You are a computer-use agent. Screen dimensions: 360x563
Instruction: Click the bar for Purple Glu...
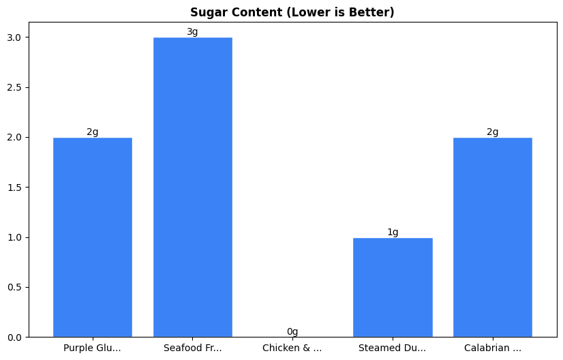point(92,237)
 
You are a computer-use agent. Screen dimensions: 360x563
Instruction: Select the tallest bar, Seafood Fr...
point(192,187)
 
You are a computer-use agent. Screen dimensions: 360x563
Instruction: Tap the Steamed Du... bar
point(393,287)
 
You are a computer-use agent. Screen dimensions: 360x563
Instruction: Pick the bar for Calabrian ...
point(492,237)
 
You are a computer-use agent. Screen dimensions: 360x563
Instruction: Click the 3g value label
point(192,32)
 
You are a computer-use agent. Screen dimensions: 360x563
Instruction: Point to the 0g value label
point(292,332)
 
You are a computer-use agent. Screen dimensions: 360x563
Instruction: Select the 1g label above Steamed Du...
point(393,232)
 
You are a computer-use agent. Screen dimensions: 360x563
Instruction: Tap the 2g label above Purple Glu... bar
point(92,132)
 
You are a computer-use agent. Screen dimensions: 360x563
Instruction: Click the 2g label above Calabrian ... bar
point(492,132)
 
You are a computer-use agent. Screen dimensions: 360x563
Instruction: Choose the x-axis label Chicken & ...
point(292,348)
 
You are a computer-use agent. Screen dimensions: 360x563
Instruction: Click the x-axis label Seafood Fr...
point(192,348)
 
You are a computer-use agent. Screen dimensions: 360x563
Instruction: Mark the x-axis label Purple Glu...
point(92,348)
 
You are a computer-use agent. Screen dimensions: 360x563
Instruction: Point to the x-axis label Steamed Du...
point(393,348)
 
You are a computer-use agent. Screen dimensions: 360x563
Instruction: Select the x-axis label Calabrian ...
point(492,348)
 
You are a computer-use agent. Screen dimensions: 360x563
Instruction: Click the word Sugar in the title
point(206,12)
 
